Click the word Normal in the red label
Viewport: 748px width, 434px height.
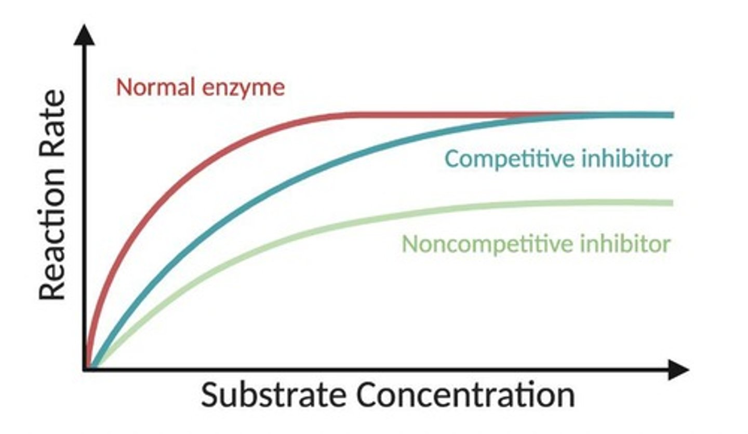(x=155, y=87)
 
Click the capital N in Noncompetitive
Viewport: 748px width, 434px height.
(x=410, y=243)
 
